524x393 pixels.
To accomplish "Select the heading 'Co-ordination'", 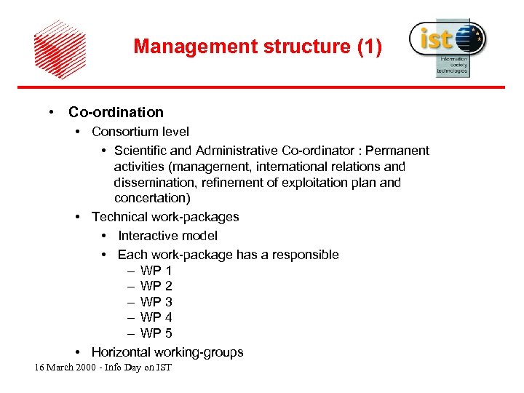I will pyautogui.click(x=116, y=112).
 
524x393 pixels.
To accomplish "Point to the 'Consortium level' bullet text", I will pyautogui.click(x=140, y=132).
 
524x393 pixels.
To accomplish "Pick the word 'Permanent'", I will pyautogui.click(x=397, y=151).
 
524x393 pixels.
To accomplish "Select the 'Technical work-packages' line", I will pyautogui.click(x=165, y=217).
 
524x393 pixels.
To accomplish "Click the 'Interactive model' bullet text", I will pyautogui.click(x=167, y=236).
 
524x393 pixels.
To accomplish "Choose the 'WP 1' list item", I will pyautogui.click(x=156, y=271).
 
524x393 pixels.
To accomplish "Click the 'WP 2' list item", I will pyautogui.click(x=156, y=286).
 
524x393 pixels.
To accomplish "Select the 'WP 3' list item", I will pyautogui.click(x=156, y=302).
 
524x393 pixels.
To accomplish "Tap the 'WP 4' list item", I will pyautogui.click(x=156, y=317).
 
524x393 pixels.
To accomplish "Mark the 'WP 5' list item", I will pyautogui.click(x=156, y=333).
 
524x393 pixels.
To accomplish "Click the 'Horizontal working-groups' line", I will pyautogui.click(x=167, y=352).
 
